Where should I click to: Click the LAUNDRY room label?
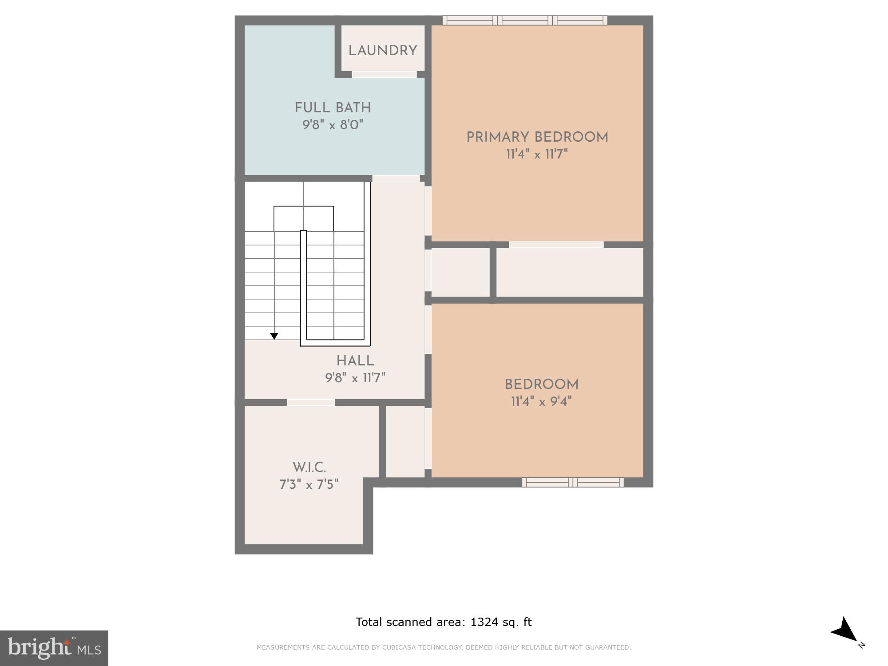[382, 51]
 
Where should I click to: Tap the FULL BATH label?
[333, 108]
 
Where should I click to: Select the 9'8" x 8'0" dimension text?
[333, 125]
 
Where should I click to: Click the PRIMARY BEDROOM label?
[537, 137]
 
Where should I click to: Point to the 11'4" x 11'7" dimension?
[537, 155]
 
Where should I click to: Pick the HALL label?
[355, 361]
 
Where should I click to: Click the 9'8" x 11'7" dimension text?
[355, 378]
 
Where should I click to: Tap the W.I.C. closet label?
[309, 468]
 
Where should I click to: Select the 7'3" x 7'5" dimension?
[309, 484]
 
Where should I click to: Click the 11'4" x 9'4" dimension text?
[541, 402]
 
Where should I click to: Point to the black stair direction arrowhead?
[274, 336]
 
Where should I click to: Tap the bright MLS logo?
[54, 648]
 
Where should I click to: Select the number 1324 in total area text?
[484, 622]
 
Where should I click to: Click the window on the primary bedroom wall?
[525, 20]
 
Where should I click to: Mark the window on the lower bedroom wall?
[573, 482]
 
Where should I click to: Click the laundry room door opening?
[384, 74]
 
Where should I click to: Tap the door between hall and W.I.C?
[311, 402]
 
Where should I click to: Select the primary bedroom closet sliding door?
[556, 245]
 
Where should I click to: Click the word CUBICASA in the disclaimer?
[398, 647]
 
